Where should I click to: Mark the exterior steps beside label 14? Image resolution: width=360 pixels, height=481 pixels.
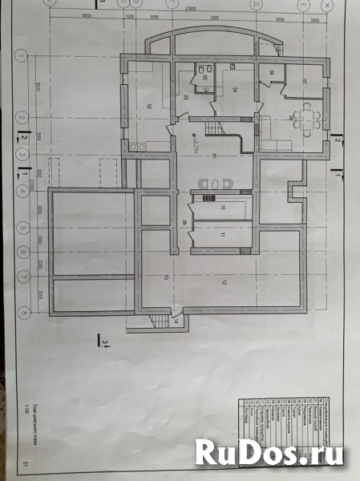click(161, 321)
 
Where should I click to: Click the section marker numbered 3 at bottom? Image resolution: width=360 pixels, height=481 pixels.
click(106, 343)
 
